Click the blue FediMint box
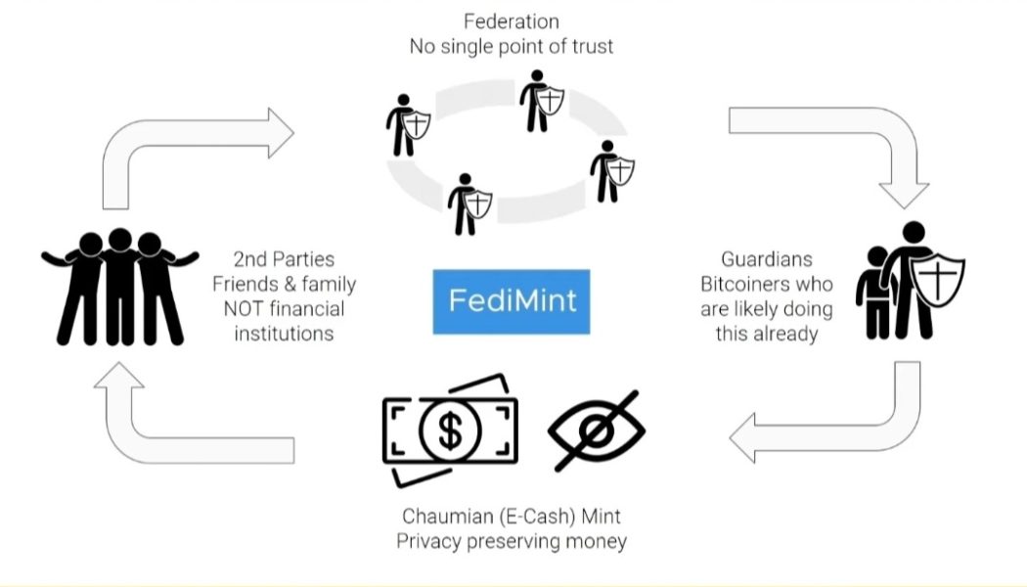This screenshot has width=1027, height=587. coord(512,300)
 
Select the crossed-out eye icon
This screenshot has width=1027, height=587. coord(597,430)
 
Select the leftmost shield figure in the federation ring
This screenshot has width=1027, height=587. coord(406,125)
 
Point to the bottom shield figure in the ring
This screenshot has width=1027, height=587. coord(469,205)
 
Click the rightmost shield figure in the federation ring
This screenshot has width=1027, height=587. coord(611,172)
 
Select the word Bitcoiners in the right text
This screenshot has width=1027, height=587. coord(779,285)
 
